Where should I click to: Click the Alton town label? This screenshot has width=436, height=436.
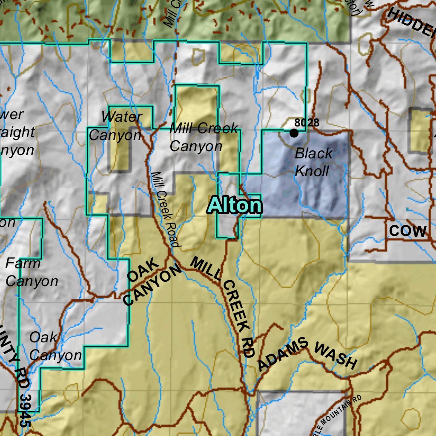(235, 206)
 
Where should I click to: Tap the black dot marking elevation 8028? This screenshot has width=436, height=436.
(294, 133)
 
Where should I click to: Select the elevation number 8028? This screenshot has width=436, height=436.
(307, 123)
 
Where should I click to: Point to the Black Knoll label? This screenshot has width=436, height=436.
(313, 162)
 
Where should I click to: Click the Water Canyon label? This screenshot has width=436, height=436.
(115, 126)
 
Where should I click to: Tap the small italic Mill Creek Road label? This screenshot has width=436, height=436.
(165, 209)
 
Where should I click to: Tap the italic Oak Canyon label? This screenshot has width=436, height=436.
(55, 346)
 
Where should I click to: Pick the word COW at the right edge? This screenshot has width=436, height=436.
(407, 231)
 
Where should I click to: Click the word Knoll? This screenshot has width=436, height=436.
(312, 171)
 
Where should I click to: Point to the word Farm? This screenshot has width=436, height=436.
(23, 264)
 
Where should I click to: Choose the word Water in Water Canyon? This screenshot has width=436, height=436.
(122, 117)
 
